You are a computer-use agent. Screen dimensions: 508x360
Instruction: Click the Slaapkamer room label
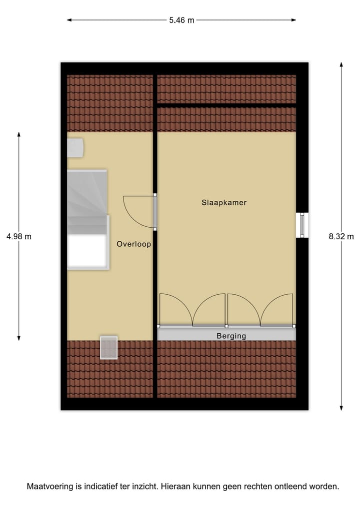point(224,203)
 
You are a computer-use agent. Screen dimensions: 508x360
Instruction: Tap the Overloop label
point(133,244)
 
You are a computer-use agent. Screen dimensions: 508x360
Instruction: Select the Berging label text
point(231,336)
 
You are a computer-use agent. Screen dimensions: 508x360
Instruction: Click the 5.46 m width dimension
point(181,20)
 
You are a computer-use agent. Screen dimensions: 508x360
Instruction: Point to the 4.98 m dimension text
point(19,236)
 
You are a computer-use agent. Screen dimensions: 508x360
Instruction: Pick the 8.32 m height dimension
point(341,236)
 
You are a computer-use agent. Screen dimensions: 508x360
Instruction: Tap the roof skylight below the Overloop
point(108,348)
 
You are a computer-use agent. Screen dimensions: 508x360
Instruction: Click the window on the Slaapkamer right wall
point(302,225)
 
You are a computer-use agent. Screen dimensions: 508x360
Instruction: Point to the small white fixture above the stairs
point(76,147)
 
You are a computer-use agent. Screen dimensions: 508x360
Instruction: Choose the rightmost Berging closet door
point(276,310)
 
